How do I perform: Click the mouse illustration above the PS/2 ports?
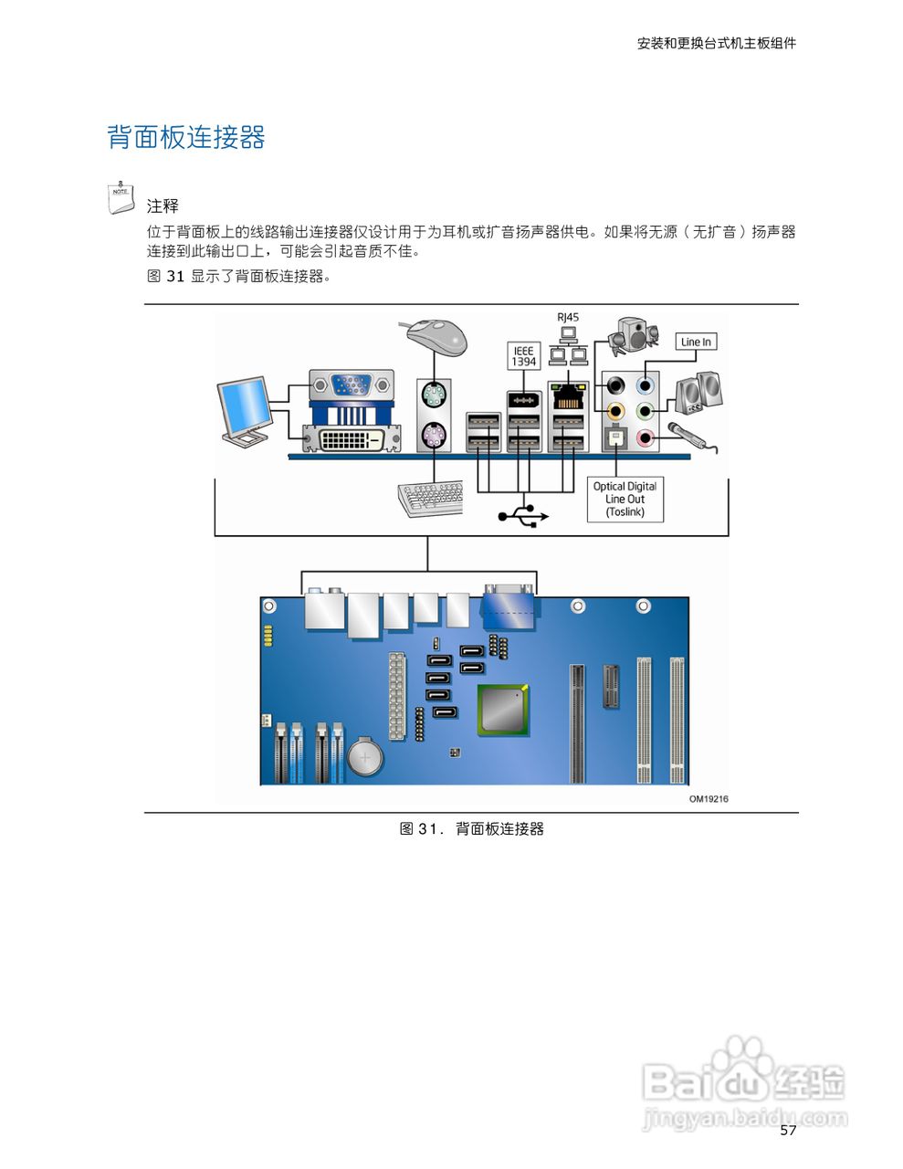coord(437,337)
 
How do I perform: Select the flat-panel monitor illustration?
coord(245,410)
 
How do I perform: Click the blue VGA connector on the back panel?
coord(351,384)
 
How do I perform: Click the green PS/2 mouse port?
coord(434,396)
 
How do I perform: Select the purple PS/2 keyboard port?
coord(434,437)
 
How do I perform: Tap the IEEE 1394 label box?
coord(523,356)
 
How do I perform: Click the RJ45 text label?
coord(568,318)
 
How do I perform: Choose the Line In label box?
coord(696,342)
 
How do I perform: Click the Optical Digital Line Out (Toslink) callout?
coord(625,500)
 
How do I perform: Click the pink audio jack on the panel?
coord(646,438)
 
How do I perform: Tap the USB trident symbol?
coord(522,516)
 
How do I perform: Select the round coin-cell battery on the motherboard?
coord(367,756)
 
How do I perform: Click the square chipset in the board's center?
coord(503,709)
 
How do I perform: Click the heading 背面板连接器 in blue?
coord(186,138)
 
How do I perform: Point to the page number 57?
coord(788,1131)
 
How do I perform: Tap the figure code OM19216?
coord(708,799)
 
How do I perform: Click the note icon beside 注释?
coord(121,198)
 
